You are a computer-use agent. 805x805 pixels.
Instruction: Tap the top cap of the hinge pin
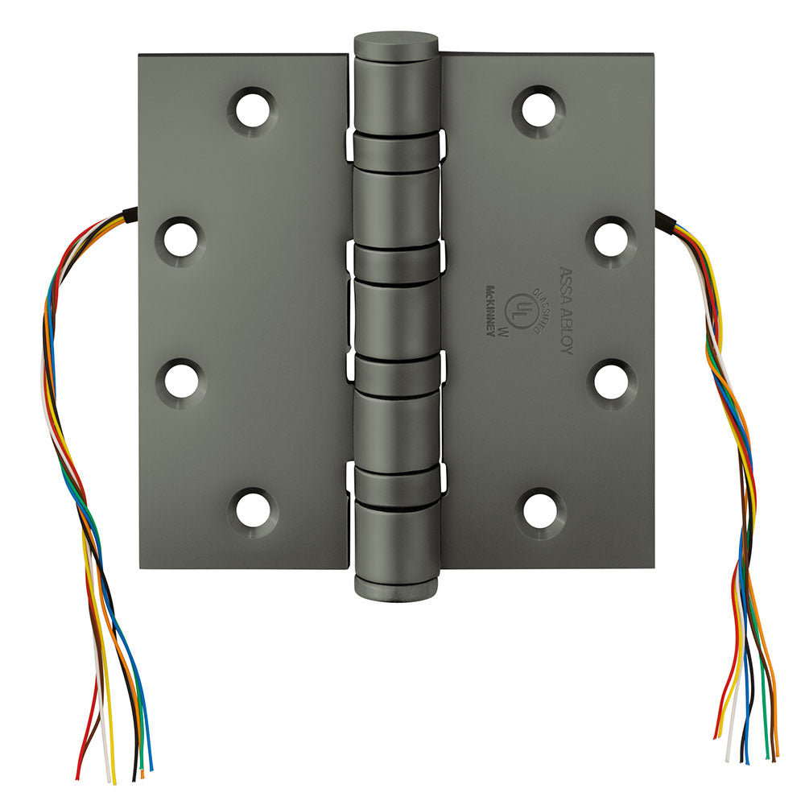tap(397, 41)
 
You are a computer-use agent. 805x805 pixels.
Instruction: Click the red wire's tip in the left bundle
tap(78, 777)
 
